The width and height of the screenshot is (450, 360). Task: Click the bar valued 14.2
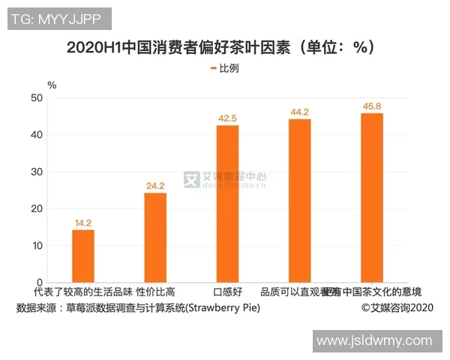(83, 256)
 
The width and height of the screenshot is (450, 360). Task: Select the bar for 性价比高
(155, 237)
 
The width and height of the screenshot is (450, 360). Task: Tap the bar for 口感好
(227, 203)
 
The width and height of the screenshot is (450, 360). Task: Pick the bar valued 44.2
(299, 200)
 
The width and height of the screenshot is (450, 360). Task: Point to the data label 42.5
(227, 118)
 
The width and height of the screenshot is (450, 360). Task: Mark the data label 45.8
(371, 106)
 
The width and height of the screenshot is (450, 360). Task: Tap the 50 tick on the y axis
(36, 97)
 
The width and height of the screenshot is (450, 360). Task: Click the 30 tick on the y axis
(36, 172)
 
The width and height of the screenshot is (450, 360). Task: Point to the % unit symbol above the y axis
(51, 84)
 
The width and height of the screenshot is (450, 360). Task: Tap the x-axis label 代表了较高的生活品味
(83, 292)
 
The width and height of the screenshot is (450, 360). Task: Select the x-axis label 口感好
(227, 292)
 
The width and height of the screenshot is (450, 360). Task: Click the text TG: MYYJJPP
(58, 19)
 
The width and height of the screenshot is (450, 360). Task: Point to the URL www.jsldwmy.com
(374, 340)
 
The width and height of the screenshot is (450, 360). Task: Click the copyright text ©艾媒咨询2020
(397, 308)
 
